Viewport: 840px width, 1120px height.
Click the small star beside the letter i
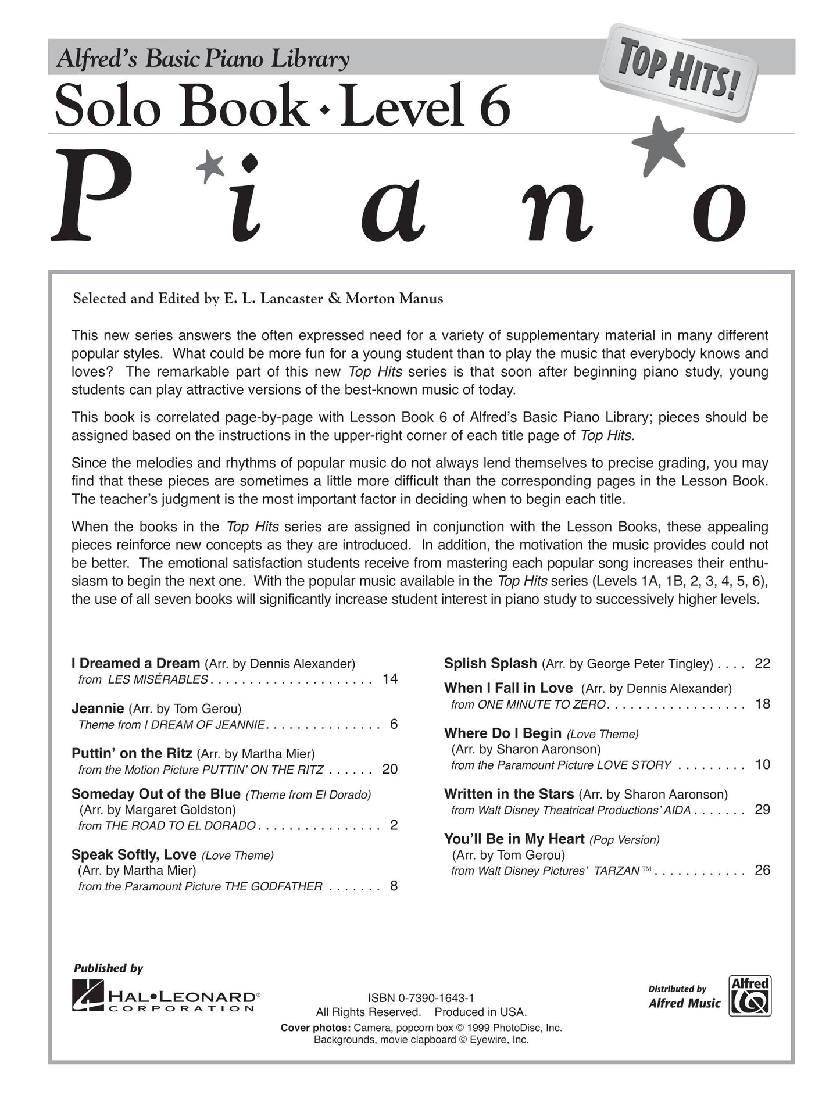coord(210,166)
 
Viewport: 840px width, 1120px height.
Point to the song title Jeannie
coord(98,709)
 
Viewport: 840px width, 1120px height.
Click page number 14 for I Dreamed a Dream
coord(390,679)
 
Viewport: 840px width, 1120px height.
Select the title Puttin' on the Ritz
coord(131,754)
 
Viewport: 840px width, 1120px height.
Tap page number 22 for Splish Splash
coord(762,663)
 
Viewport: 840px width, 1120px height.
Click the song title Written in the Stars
coord(509,794)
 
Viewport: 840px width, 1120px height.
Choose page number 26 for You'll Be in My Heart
coord(762,870)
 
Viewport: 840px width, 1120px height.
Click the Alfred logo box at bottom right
coord(750,996)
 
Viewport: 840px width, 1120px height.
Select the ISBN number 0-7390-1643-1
coord(432,999)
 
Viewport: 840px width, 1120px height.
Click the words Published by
coord(108,968)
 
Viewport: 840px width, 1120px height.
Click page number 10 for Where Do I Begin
coord(762,764)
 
